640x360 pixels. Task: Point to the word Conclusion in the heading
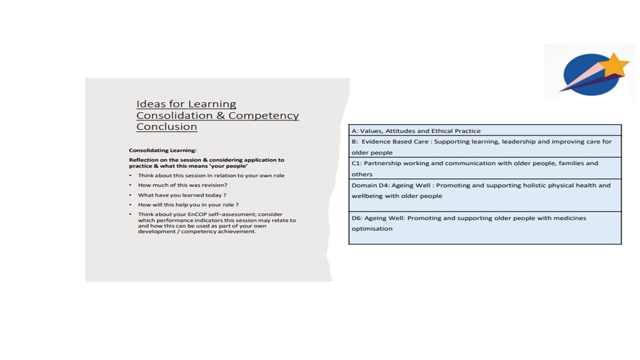(166, 126)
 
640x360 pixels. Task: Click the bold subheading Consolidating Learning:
(162, 150)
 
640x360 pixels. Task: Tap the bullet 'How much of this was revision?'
(182, 185)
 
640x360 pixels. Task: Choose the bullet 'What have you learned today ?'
(182, 195)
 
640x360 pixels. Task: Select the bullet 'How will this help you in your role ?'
(188, 204)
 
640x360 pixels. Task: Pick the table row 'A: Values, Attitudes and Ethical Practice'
(416, 131)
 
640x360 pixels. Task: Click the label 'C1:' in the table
(356, 163)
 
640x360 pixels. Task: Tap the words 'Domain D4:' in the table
(370, 185)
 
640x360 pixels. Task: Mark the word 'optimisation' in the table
(371, 229)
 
